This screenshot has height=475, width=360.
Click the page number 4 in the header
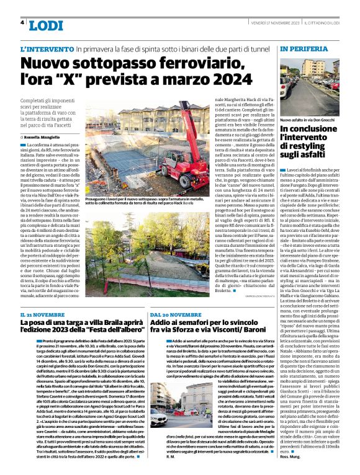(x=22, y=23)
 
